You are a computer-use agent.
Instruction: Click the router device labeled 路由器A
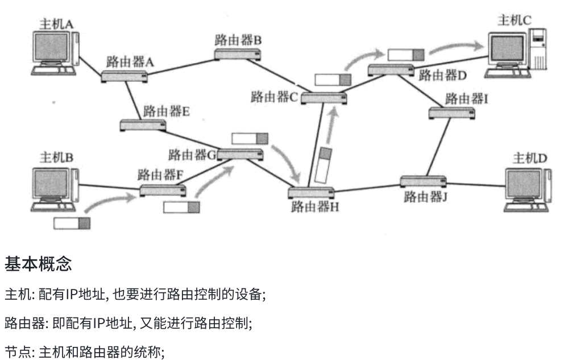pos(125,76)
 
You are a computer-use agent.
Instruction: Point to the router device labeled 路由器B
pos(238,54)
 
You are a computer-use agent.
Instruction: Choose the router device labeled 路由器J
pos(422,183)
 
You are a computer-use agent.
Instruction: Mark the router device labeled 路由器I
pos(452,113)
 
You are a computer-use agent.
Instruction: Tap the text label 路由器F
pos(160,174)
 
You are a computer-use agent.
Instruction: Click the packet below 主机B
pos(72,223)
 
